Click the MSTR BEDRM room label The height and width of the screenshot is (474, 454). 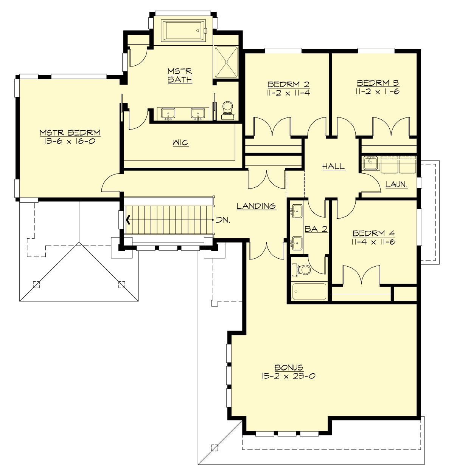[x=70, y=133]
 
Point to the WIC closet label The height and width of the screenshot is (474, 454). [x=180, y=143]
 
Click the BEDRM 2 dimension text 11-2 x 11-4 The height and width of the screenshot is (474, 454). [x=289, y=92]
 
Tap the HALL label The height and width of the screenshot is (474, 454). [x=333, y=166]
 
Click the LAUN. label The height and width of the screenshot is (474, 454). [x=396, y=184]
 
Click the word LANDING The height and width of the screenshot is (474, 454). [x=256, y=206]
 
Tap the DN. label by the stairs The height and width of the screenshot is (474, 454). [x=223, y=219]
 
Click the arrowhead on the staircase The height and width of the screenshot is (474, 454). [x=129, y=219]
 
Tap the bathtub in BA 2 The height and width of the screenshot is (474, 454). [x=309, y=291]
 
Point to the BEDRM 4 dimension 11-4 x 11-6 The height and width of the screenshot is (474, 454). [x=373, y=241]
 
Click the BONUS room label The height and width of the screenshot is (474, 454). [x=289, y=367]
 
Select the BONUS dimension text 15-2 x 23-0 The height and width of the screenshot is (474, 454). [x=288, y=376]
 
